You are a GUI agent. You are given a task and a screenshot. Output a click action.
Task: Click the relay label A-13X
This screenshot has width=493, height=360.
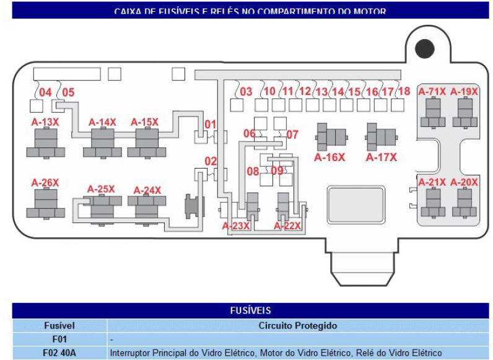point(45,123)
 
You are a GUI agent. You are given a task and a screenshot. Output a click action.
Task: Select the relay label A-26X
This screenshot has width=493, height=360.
point(45,183)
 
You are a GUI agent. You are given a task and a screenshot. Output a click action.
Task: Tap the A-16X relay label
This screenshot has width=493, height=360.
point(329,157)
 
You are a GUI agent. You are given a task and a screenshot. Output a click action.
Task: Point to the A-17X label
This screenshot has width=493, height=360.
point(382,157)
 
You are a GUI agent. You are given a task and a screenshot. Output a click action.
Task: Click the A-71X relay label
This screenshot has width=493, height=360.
point(432,92)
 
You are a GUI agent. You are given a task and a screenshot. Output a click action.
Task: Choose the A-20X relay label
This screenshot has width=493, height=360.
point(464,182)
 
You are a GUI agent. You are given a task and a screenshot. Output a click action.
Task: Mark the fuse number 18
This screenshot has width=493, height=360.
point(404,92)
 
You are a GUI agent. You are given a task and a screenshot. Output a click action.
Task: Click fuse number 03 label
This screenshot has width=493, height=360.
point(246,92)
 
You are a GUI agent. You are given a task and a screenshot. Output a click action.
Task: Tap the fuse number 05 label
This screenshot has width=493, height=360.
point(68,92)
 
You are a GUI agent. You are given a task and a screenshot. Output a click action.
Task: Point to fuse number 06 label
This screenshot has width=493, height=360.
point(249,134)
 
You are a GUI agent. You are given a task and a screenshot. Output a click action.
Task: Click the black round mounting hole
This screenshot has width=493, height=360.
point(425,48)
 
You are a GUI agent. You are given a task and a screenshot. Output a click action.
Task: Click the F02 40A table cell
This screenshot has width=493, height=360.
point(59,353)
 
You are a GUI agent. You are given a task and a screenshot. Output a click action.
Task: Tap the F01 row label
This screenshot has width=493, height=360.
point(59,339)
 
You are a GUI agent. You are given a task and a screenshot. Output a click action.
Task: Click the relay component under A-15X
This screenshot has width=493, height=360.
point(144,144)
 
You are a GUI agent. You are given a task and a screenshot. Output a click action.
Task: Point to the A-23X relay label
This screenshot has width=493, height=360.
point(236,226)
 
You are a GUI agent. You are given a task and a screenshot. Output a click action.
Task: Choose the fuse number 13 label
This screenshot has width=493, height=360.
point(321,92)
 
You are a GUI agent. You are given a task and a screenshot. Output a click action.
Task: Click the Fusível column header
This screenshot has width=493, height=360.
point(59,325)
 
